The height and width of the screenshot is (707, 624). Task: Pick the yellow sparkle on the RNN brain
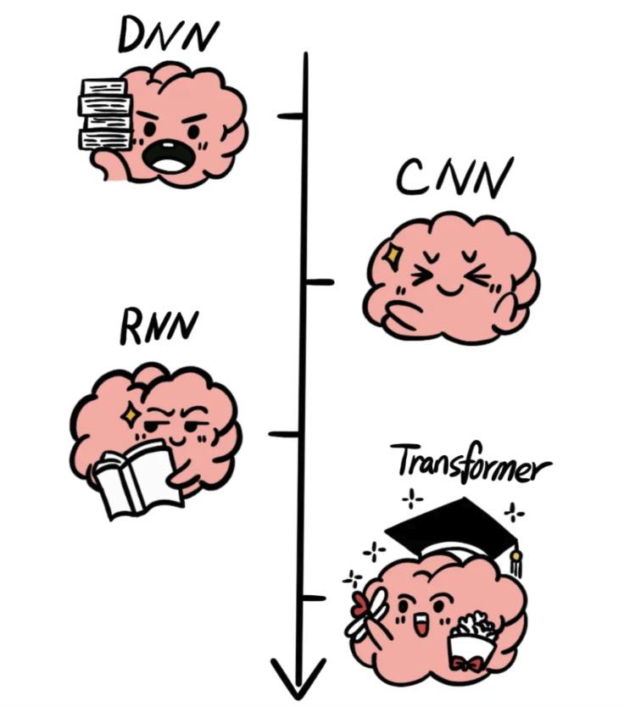131,414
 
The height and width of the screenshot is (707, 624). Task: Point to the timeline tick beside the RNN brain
283,434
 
